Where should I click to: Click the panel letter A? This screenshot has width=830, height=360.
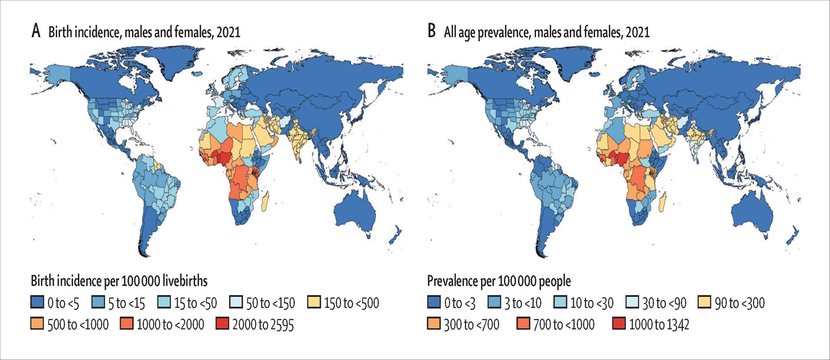pyautogui.click(x=36, y=32)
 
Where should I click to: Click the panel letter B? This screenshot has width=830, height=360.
pyautogui.click(x=432, y=32)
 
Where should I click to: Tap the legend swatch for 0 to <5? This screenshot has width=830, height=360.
pyautogui.click(x=37, y=303)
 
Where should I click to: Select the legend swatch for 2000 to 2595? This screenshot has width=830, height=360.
pyautogui.click(x=222, y=324)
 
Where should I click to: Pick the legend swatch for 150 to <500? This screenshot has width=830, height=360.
pyautogui.click(x=315, y=303)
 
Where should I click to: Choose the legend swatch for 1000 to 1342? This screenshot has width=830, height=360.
pyautogui.click(x=619, y=324)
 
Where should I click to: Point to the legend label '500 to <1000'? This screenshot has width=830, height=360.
pyautogui.click(x=78, y=324)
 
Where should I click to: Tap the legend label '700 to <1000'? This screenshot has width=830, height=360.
pyautogui.click(x=563, y=324)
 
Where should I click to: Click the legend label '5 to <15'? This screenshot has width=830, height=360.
pyautogui.click(x=126, y=303)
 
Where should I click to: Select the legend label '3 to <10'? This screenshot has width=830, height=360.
pyautogui.click(x=523, y=303)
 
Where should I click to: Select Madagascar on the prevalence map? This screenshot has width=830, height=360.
pyautogui.click(x=662, y=202)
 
